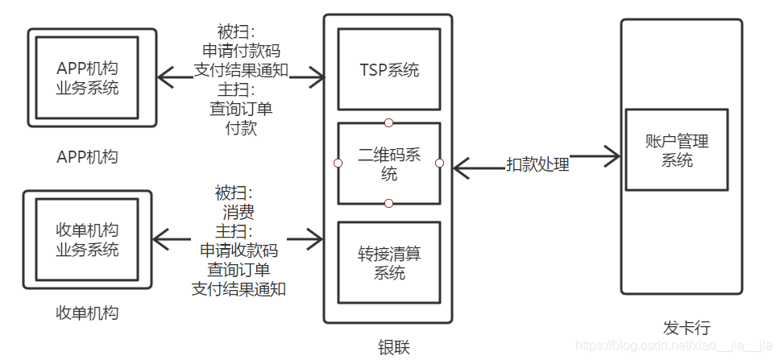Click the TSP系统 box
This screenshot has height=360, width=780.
[x=389, y=70]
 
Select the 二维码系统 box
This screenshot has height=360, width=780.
[x=389, y=163]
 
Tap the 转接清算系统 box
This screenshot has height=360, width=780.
[x=389, y=263]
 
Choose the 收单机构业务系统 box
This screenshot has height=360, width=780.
[x=87, y=238]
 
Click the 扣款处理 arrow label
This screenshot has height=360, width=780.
[x=537, y=165]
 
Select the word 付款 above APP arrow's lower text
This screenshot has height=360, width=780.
[x=241, y=126]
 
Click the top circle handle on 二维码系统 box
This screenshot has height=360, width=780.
[x=388, y=122]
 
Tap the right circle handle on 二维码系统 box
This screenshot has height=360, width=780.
[x=440, y=163]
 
